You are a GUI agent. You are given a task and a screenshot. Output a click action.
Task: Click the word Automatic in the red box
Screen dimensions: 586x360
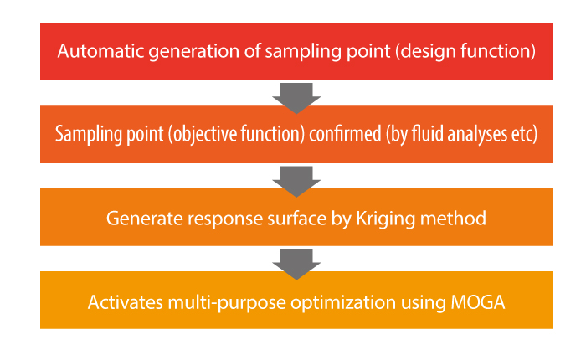pyautogui.click(x=101, y=51)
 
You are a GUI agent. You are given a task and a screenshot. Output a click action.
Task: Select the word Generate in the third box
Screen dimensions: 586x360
pyautogui.click(x=145, y=219)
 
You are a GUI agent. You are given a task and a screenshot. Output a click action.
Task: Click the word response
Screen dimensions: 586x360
pyautogui.click(x=225, y=219)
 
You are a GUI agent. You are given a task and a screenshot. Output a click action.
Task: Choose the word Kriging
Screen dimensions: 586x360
pyautogui.click(x=386, y=219)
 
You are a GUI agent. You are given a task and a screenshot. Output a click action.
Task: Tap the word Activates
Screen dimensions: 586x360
pyautogui.click(x=126, y=302)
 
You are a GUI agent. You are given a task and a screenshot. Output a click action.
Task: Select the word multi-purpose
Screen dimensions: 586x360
pyautogui.click(x=227, y=303)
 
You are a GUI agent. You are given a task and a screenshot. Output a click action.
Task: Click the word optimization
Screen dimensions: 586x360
pyautogui.click(x=343, y=303)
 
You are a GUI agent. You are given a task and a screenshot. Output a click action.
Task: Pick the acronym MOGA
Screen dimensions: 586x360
pyautogui.click(x=478, y=302)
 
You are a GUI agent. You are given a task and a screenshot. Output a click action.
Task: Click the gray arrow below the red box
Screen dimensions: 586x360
pyautogui.click(x=296, y=98)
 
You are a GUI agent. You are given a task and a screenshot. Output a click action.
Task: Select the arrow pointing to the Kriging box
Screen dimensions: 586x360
pyautogui.click(x=296, y=182)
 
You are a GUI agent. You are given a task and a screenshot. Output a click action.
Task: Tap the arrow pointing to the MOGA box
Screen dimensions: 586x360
pyautogui.click(x=296, y=265)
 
